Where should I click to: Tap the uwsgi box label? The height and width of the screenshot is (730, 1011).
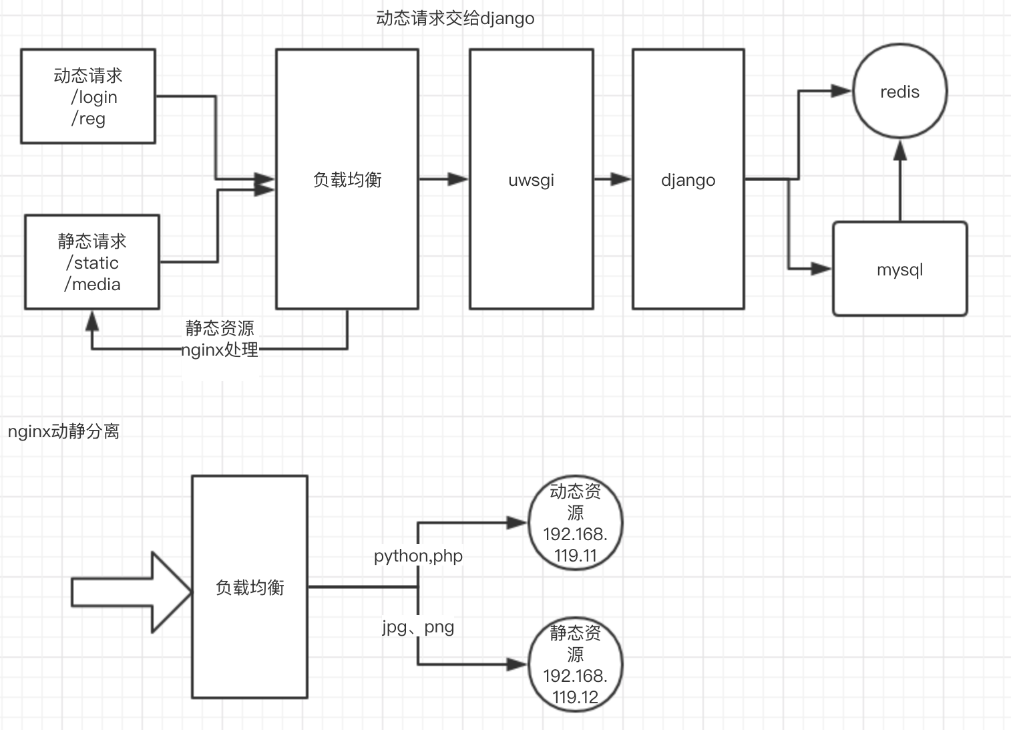tap(532, 180)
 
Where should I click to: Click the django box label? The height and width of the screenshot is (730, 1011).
tap(688, 180)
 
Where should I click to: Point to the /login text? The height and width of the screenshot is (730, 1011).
tap(94, 97)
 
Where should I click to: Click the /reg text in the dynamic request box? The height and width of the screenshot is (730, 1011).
tap(88, 119)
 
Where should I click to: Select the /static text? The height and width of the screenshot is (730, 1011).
tap(92, 263)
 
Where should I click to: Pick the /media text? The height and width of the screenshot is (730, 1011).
tap(92, 284)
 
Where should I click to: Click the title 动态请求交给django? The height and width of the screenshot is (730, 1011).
tap(455, 19)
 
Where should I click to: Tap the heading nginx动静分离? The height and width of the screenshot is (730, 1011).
tap(63, 431)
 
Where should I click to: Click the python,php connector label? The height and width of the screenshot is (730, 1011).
tap(418, 556)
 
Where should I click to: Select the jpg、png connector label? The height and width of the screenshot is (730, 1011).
tap(418, 626)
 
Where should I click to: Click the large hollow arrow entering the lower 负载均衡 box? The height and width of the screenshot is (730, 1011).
tap(132, 592)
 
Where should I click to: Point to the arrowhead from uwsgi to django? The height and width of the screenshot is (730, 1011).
tap(620, 179)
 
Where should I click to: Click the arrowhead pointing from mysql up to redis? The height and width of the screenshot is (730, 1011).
tap(900, 150)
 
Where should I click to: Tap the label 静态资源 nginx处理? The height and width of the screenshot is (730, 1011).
tap(220, 339)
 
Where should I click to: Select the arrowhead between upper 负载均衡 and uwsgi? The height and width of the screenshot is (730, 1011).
tap(457, 179)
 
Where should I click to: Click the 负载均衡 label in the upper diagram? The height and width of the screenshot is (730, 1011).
tap(347, 180)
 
